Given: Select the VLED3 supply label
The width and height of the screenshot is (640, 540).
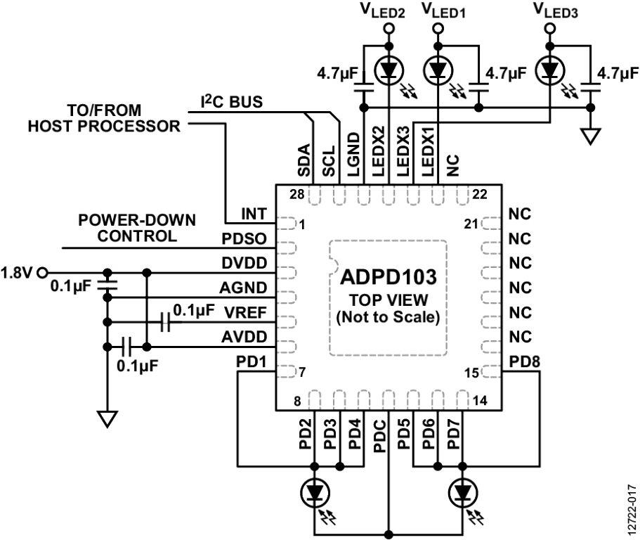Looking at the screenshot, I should point(555,11).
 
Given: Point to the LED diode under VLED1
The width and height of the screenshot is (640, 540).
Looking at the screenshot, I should point(438,70).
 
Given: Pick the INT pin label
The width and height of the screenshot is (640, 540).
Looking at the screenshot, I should point(253,212).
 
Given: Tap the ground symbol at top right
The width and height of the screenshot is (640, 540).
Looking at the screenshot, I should point(592,134).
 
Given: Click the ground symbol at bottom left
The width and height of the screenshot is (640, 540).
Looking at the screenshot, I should point(107,419).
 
